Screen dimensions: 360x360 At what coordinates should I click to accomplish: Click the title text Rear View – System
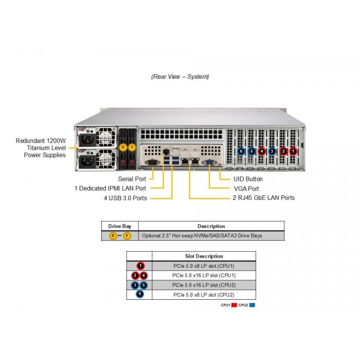pos(180,76)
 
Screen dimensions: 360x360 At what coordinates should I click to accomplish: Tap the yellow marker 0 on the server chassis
pos(123,147)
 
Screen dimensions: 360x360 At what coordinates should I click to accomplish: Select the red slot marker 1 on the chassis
pos(293,151)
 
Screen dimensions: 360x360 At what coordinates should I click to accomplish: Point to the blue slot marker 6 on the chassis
pos(241,151)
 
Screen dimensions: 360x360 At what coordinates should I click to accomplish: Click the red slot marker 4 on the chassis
pos(262,151)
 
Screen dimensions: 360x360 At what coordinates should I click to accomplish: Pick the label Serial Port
pos(132,179)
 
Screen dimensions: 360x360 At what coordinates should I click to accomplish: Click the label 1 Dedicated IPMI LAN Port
pos(110,189)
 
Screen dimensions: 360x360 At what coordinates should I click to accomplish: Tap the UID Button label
pos(248,179)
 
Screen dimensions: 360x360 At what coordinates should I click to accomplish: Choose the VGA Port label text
pos(246,189)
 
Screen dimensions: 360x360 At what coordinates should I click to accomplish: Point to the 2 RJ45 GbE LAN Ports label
pos(264,198)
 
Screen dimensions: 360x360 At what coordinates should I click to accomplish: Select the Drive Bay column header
pos(120,226)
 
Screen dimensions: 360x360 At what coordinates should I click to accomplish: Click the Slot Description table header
pos(204,256)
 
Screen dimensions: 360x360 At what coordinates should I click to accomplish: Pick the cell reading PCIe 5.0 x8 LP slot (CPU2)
pos(204,295)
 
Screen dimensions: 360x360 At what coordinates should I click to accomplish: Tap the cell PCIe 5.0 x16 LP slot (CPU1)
pos(204,275)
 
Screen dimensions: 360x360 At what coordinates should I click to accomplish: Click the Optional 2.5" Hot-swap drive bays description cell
pos(202,236)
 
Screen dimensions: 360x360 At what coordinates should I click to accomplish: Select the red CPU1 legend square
pos(234,305)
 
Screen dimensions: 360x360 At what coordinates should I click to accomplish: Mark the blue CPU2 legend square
pos(252,305)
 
